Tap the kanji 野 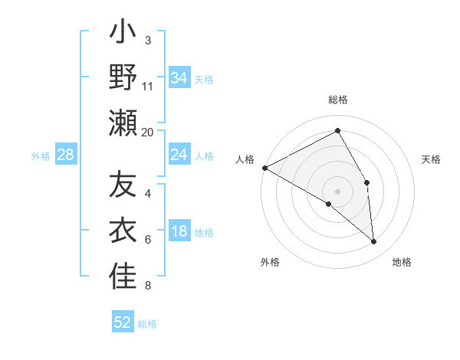click(123, 77)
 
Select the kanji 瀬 click(123, 123)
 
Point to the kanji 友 click(123, 185)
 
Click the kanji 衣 click(123, 231)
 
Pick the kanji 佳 click(123, 277)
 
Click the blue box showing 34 click(179, 78)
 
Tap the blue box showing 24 click(179, 155)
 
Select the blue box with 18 click(179, 232)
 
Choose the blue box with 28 click(66, 155)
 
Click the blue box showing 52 click(123, 322)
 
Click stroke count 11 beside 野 click(148, 86)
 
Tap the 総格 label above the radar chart click(338, 100)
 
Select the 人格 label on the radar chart click(245, 159)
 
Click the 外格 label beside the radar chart click(270, 262)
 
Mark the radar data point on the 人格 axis click(264, 167)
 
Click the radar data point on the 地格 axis click(374, 241)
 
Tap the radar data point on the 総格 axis click(338, 131)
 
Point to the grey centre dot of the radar click(338, 191)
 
